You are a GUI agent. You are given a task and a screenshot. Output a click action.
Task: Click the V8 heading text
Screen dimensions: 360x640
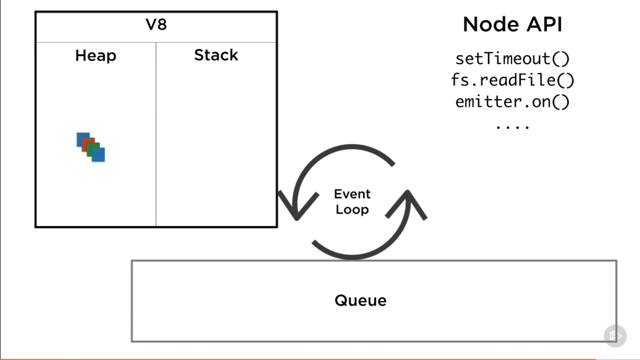pos(156,25)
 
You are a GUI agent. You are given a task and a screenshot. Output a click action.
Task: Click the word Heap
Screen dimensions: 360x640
pos(96,56)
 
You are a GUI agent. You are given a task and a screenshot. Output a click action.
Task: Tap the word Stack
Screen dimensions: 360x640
pos(216,55)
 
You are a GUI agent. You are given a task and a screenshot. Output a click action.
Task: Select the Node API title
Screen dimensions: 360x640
pos(512,25)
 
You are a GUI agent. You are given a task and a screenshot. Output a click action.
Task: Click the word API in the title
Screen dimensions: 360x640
pos(544,25)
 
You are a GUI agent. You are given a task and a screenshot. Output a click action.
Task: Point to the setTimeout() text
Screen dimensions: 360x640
pos(512,59)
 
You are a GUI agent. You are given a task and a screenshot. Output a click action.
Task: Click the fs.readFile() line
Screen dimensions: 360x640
pos(512,80)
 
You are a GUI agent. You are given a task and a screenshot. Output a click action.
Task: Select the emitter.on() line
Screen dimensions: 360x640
pos(512,102)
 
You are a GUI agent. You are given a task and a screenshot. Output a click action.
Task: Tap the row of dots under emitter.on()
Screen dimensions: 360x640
pos(512,128)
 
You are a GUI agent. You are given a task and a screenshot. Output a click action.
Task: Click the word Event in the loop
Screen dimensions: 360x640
pos(352,194)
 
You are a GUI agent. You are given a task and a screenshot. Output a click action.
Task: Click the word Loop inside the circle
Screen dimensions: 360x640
pos(352,210)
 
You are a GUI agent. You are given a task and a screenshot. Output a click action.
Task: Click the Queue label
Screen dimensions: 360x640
pos(360,301)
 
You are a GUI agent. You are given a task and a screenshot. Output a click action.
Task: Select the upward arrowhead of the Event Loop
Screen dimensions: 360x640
pos(408,200)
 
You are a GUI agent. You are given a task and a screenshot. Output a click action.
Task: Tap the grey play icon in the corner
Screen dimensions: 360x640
pos(615,336)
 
